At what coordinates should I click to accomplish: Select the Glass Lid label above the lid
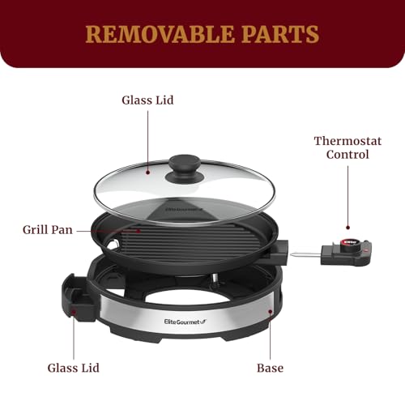[147, 100]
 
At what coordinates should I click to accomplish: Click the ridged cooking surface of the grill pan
[194, 239]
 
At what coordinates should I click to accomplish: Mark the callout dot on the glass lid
[147, 171]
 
